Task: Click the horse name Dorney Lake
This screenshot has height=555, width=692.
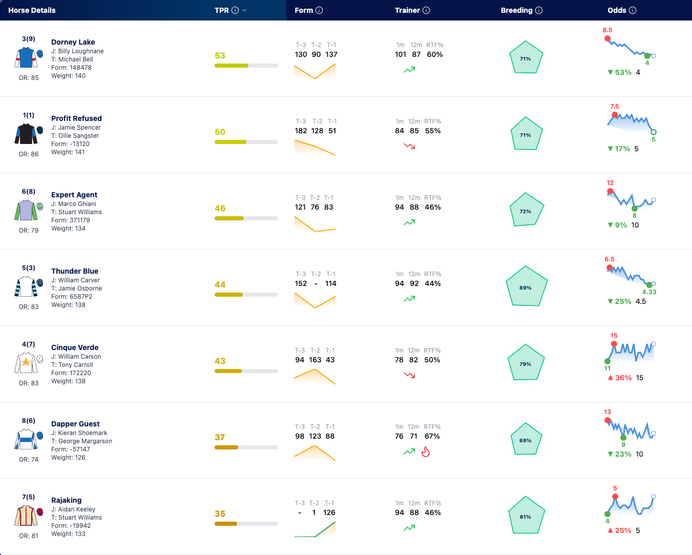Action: pos(73,42)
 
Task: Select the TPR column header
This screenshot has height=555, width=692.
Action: pos(222,10)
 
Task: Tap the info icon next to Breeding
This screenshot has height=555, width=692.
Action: pos(539,10)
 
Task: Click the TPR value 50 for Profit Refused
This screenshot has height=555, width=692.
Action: pos(220,132)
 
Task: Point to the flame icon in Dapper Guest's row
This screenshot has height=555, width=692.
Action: pos(426,451)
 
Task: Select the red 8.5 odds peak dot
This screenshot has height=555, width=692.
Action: pos(607,38)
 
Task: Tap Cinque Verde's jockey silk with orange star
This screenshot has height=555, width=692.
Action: pos(26,363)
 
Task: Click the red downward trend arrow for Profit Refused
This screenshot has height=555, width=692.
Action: pos(409,146)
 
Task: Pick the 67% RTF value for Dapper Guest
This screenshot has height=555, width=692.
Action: pos(432,436)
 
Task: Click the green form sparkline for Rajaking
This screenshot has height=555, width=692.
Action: pos(315,529)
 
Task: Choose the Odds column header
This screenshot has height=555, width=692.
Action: pos(617,10)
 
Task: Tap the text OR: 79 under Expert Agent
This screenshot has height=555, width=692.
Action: pos(29,231)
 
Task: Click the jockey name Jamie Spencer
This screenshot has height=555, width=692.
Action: pos(79,128)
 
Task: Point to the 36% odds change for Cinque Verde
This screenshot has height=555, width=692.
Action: pos(623,378)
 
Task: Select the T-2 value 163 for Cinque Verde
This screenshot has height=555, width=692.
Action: pos(315,360)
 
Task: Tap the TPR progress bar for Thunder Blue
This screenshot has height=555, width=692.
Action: pos(246,295)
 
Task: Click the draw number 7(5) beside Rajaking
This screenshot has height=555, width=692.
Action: pos(29,497)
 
